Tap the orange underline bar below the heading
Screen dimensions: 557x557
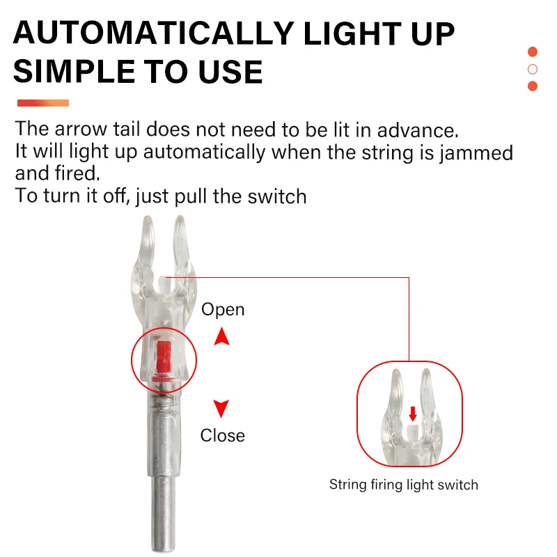coord(43,103)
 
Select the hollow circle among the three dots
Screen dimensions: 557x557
coord(533,69)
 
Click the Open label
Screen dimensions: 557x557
coord(223,309)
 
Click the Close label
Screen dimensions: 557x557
coord(223,436)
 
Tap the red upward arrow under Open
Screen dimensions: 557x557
coord(221,338)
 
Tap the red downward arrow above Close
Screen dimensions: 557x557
coord(221,409)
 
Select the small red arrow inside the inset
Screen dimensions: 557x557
coord(413,414)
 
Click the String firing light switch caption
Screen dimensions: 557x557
coord(404,485)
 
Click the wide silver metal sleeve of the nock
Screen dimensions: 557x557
coord(164,435)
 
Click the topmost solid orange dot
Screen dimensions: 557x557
coord(533,52)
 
